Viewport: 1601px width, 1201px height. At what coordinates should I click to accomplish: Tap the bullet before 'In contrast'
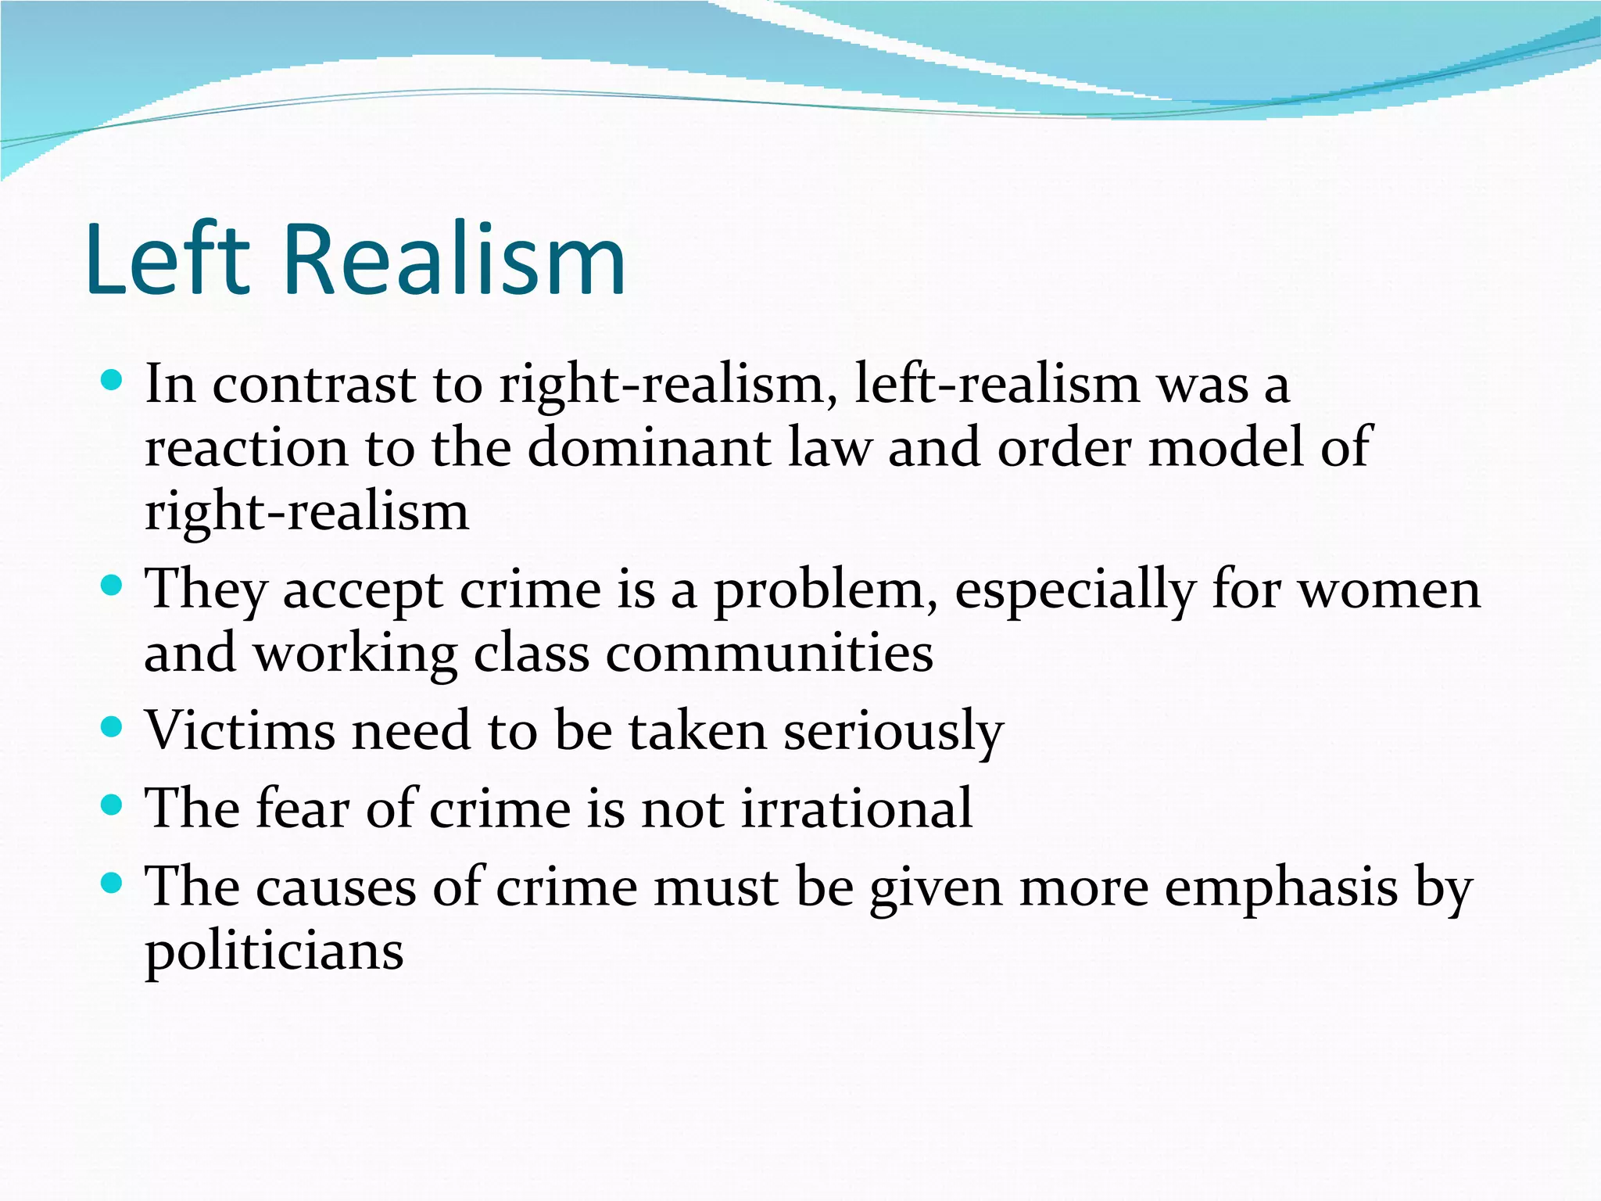pyautogui.click(x=113, y=382)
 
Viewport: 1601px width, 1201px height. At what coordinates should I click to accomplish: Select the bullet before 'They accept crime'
pyautogui.click(x=113, y=586)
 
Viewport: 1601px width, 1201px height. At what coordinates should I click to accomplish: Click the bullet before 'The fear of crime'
pyautogui.click(x=113, y=805)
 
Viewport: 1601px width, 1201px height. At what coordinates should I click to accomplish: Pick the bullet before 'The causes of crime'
pyautogui.click(x=113, y=884)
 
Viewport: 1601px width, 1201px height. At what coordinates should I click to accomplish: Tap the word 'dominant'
pyautogui.click(x=649, y=448)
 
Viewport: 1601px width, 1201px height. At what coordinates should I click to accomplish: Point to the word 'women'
pyautogui.click(x=1389, y=590)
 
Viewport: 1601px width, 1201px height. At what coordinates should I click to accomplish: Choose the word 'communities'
pyautogui.click(x=769, y=654)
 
